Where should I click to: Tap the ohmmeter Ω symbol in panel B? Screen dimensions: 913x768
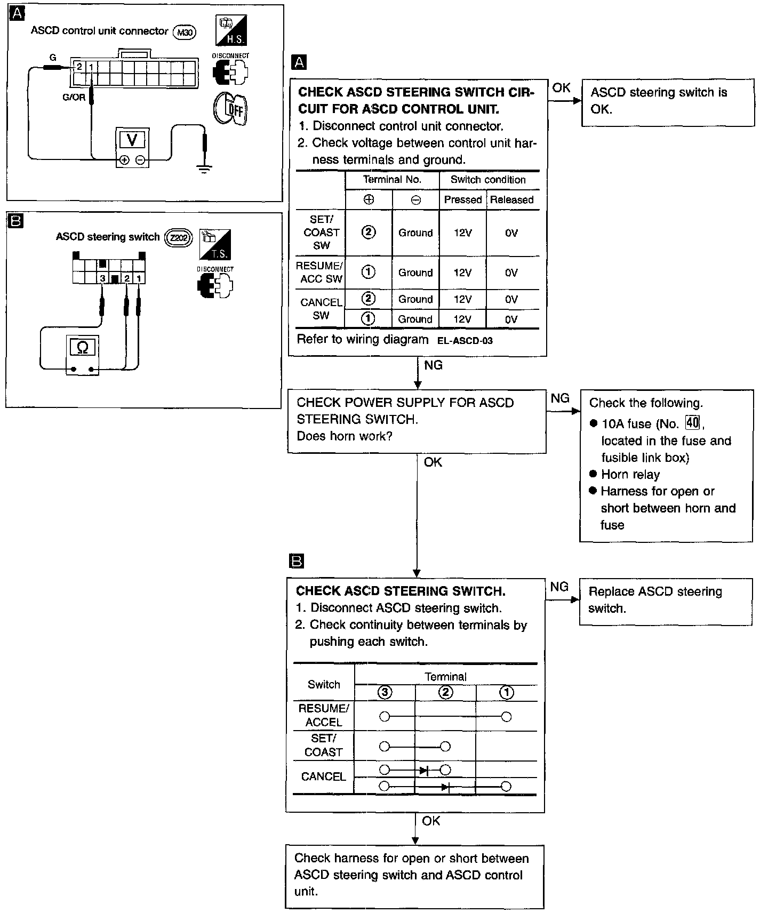tap(83, 348)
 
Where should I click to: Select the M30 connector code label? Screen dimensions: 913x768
tap(185, 33)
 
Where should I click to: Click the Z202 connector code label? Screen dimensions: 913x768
tap(178, 238)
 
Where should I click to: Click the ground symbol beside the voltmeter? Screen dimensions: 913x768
tap(204, 169)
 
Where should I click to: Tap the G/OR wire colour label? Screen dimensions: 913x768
tap(74, 98)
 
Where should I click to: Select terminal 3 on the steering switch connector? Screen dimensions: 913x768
tap(102, 278)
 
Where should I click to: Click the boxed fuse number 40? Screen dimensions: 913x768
tap(692, 423)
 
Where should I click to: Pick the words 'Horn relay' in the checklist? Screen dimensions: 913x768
tap(630, 475)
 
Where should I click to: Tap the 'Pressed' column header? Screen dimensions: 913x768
tap(462, 200)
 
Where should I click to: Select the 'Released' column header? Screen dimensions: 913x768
tap(511, 200)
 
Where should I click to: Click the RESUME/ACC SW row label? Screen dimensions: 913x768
tap(321, 272)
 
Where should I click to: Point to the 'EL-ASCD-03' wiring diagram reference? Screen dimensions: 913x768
tap(465, 341)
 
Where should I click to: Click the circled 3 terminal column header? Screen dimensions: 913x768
tap(385, 693)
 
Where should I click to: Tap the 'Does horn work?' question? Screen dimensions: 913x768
tap(345, 436)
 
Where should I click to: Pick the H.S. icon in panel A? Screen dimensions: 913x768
tap(231, 31)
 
